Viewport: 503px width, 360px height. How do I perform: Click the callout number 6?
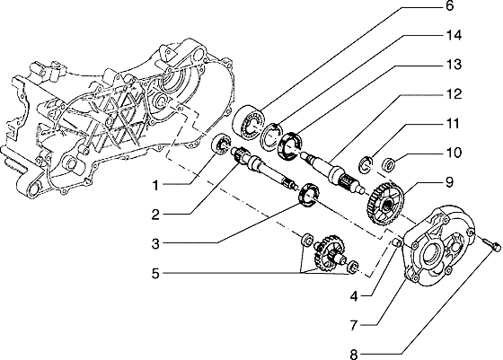click(x=449, y=6)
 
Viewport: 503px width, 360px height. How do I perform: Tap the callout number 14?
click(x=454, y=35)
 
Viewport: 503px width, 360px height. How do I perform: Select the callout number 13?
click(x=454, y=65)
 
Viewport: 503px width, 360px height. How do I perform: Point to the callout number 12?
click(x=454, y=94)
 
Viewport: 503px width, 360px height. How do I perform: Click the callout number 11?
click(x=453, y=123)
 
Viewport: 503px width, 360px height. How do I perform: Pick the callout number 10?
click(x=454, y=153)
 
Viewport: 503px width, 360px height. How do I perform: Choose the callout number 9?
click(x=449, y=182)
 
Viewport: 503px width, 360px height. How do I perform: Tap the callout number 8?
click(x=354, y=355)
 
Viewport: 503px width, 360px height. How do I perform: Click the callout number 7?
click(x=354, y=325)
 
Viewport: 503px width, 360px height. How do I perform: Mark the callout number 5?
click(x=155, y=274)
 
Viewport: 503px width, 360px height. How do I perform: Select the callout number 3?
click(x=155, y=244)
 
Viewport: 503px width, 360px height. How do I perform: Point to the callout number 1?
click(x=155, y=185)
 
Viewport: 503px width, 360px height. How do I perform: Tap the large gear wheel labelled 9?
click(x=385, y=203)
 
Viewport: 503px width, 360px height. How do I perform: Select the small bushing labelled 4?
click(x=396, y=243)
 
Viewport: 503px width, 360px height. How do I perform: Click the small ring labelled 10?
click(x=388, y=165)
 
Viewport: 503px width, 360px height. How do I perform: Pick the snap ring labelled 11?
click(x=365, y=163)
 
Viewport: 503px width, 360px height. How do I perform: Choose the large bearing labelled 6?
click(x=249, y=124)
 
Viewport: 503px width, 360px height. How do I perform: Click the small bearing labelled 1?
click(x=221, y=145)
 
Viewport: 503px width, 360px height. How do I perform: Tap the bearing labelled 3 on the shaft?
click(x=309, y=193)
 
